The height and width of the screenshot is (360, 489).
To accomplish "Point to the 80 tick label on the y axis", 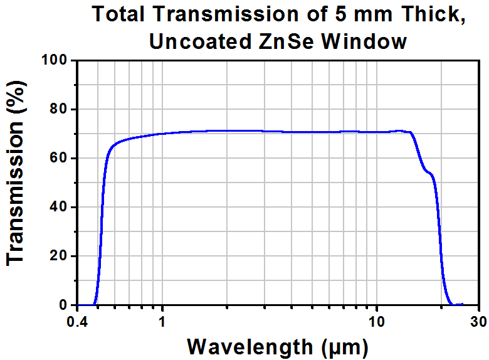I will (x=59, y=109).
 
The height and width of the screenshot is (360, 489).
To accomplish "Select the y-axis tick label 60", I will (x=59, y=158).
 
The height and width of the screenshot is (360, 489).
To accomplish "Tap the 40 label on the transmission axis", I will (x=59, y=207).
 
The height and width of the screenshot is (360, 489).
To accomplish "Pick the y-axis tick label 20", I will (x=59, y=256).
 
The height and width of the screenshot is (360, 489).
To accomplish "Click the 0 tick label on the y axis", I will (x=63, y=305).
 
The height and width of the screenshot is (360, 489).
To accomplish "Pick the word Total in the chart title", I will (x=118, y=14).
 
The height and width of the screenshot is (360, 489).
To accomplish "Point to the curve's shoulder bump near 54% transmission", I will (x=429, y=173).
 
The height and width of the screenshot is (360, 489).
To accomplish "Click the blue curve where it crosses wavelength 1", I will (x=162, y=134).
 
